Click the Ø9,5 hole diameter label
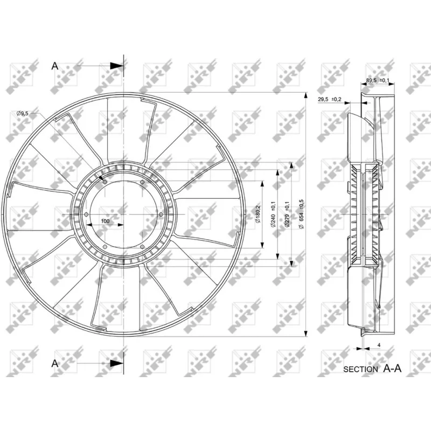tap(22, 113)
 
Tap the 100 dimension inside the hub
tap(105, 221)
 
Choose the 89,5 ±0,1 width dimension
tap(378, 81)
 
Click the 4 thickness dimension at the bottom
tap(379, 344)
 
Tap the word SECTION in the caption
tap(360, 369)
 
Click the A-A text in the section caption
tap(393, 369)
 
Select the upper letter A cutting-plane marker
tap(54, 66)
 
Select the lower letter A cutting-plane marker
tap(54, 363)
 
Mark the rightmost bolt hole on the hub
tap(162, 214)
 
